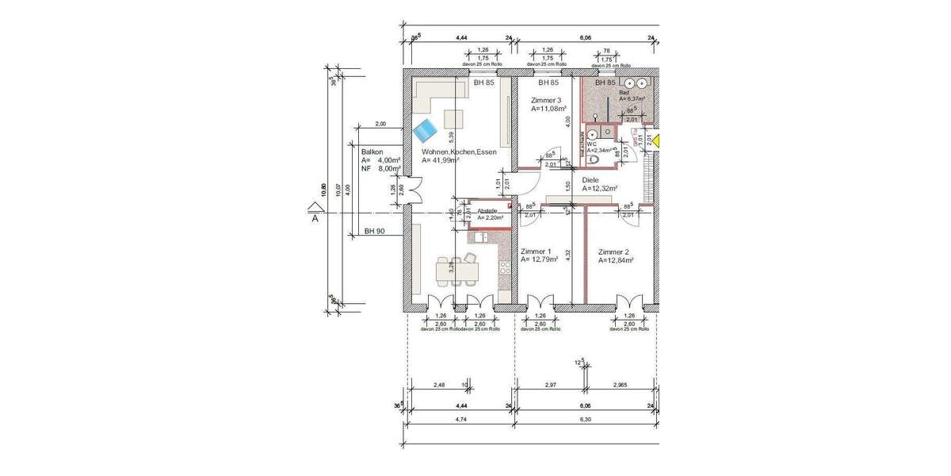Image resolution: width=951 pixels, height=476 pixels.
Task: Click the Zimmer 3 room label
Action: coord(546,100)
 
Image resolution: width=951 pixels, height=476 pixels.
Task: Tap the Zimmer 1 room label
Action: coord(537,251)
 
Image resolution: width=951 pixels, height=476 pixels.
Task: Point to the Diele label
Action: coord(590,180)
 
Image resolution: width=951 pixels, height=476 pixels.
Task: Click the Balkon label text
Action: coord(372,151)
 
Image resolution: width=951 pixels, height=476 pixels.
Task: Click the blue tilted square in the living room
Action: coord(426,128)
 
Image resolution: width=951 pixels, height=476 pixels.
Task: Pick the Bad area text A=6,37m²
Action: coord(632,99)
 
